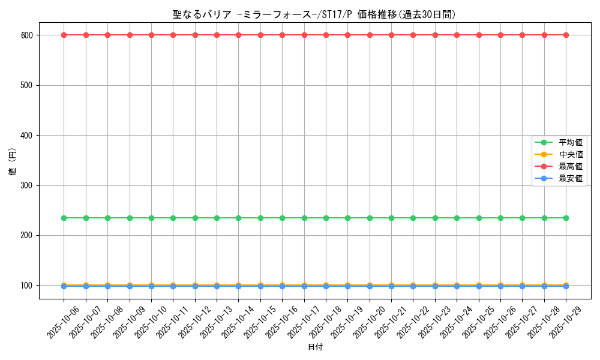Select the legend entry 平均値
tap(571, 142)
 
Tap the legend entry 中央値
tap(571, 154)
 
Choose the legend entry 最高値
tap(571, 166)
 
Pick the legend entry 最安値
tap(571, 178)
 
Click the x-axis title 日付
tap(315, 347)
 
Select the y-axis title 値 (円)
tap(13, 162)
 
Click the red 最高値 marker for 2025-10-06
tap(64, 35)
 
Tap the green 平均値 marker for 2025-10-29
tap(566, 218)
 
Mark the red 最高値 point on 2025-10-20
tap(370, 35)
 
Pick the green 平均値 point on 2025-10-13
tap(217, 218)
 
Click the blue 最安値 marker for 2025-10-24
tap(457, 287)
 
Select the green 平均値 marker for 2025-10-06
tap(64, 218)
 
